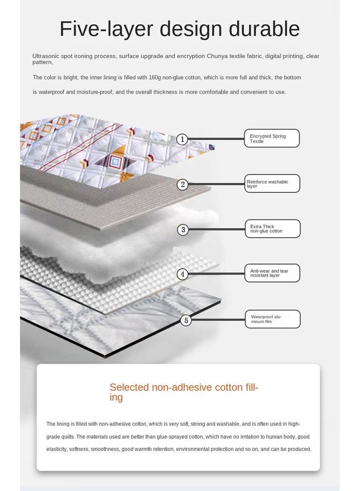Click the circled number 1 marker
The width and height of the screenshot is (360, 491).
click(182, 139)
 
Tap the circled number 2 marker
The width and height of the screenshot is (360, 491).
click(183, 185)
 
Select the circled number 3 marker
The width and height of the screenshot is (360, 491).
click(183, 230)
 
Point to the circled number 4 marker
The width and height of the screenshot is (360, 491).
click(183, 275)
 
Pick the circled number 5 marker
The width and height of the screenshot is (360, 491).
click(186, 320)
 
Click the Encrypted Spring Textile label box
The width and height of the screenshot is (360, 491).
click(272, 138)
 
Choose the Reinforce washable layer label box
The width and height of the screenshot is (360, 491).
click(272, 184)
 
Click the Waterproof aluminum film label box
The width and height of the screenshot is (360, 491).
click(273, 319)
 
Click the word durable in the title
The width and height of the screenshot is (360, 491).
click(264, 28)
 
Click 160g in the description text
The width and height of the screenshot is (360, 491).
click(155, 77)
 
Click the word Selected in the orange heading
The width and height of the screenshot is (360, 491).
click(129, 387)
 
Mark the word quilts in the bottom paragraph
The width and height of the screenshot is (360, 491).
click(68, 437)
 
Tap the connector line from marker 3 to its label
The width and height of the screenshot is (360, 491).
click(217, 229)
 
